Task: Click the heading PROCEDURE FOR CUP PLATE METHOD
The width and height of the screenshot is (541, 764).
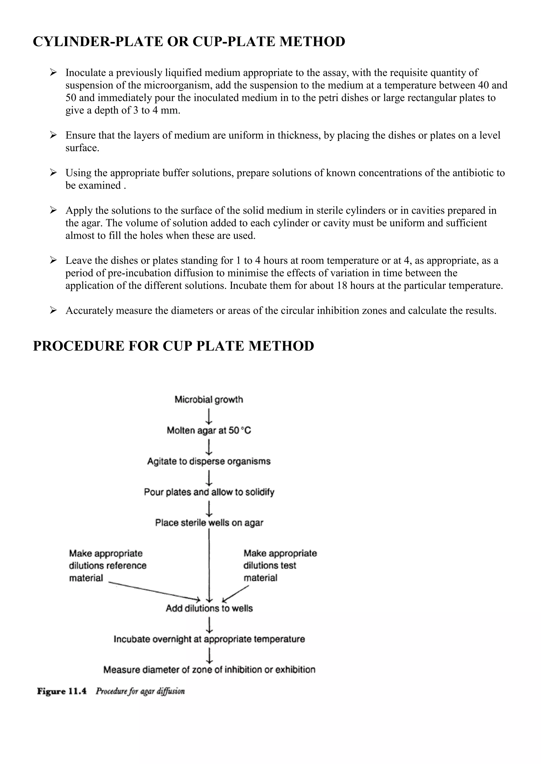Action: pyautogui.click(x=173, y=346)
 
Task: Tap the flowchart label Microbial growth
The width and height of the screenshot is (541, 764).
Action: pyautogui.click(x=209, y=399)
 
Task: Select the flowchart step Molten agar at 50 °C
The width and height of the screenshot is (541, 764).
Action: pyautogui.click(x=209, y=431)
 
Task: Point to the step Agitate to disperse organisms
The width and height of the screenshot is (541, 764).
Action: pyautogui.click(x=209, y=461)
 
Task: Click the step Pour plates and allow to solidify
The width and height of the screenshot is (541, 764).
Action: pyautogui.click(x=209, y=492)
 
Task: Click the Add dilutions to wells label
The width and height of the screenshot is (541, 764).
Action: pyautogui.click(x=209, y=608)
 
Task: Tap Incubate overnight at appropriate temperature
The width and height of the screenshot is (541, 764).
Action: pyautogui.click(x=209, y=639)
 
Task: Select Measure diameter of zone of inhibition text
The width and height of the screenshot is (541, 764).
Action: pyautogui.click(x=209, y=670)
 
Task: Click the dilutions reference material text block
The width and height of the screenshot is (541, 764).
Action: pyautogui.click(x=107, y=565)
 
